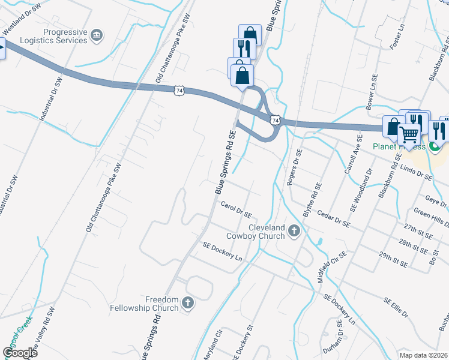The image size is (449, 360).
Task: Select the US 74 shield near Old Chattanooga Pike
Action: [179, 91]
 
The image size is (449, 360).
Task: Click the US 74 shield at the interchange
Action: [275, 121]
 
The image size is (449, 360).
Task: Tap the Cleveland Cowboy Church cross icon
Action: [294, 230]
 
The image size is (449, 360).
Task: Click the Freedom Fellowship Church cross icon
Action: [188, 303]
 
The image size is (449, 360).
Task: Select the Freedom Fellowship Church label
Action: [153, 304]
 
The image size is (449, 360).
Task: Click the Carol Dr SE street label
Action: [235, 210]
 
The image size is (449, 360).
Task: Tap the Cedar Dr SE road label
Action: [334, 218]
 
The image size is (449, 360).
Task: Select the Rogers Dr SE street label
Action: [295, 167]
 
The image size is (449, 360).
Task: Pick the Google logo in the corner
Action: [20, 352]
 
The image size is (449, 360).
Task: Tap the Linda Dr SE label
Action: [415, 173]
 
